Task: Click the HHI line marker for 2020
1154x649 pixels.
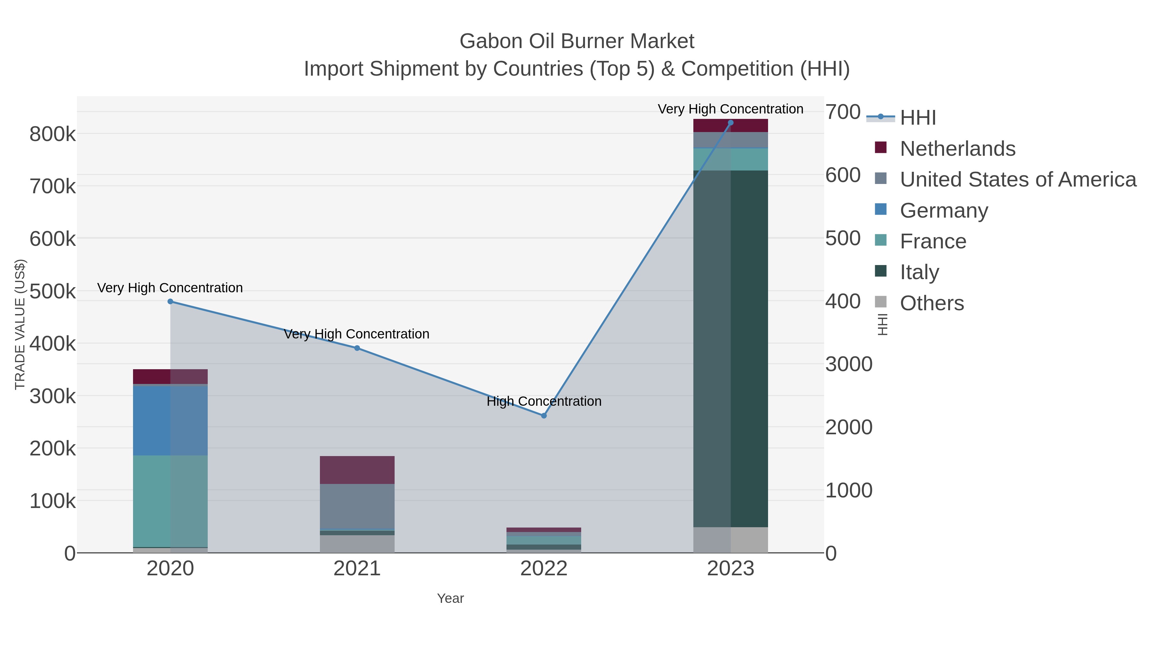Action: click(x=170, y=302)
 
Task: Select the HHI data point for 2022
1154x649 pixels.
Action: click(x=544, y=416)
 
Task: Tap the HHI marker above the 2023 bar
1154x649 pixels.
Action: click(x=731, y=123)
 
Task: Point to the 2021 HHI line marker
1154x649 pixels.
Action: click(x=357, y=348)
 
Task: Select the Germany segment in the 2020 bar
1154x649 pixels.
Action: click(x=170, y=420)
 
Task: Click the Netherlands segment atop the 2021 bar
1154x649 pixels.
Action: click(x=357, y=470)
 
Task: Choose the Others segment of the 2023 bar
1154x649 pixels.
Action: click(x=731, y=540)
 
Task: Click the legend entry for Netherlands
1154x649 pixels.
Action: click(x=957, y=149)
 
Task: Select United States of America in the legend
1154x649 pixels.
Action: click(x=1018, y=179)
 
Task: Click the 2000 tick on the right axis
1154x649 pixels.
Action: click(x=849, y=427)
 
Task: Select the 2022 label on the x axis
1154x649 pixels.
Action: click(x=544, y=569)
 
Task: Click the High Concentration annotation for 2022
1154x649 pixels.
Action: click(x=544, y=401)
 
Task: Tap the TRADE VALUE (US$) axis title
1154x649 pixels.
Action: click(x=20, y=324)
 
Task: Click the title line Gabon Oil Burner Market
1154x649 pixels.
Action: click(x=577, y=41)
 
